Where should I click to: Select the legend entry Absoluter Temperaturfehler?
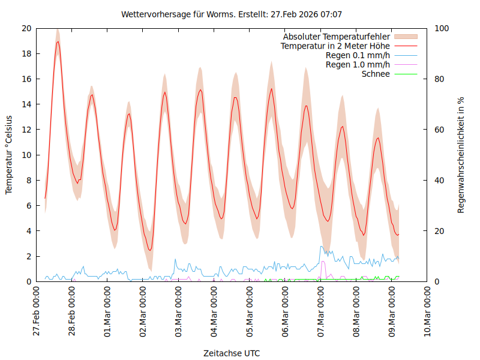337,37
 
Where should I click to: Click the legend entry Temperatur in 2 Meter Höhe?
335,46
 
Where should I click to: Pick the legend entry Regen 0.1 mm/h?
358,55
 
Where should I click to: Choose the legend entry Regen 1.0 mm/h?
358,65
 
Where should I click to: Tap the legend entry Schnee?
376,74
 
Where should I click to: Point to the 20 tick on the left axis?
26,28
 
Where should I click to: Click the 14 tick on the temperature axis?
26,104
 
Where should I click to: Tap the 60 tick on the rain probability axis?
439,130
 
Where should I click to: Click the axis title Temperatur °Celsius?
9,155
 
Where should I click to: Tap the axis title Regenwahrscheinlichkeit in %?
461,155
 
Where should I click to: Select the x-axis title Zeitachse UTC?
232,353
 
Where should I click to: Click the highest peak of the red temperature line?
58,41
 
